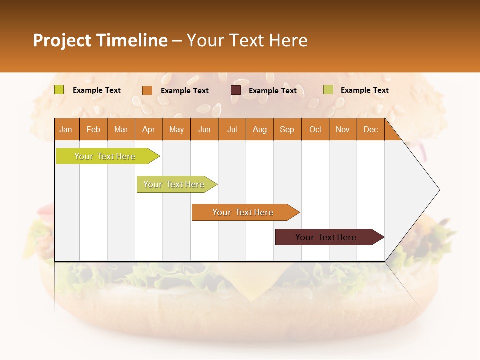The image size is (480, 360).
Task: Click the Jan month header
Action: coord(66,129)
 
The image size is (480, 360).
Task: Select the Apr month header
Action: coord(149,129)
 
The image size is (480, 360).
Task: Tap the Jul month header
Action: coord(232,129)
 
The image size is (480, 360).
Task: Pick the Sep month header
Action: coord(287,129)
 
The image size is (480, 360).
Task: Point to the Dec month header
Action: coord(370,129)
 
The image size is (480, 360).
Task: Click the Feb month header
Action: coord(93,129)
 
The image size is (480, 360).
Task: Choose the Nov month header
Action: coord(343,129)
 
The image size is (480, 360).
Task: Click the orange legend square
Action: coord(147,90)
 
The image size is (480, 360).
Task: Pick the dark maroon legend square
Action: coord(236,90)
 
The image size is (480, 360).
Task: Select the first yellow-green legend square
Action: coord(59,90)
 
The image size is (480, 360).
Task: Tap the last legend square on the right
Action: coord(328,90)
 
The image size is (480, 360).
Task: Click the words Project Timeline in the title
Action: coord(100,40)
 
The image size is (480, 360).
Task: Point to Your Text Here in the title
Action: coord(247,40)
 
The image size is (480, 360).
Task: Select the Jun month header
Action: coord(204,129)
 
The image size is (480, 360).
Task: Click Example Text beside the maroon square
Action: coord(272,91)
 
